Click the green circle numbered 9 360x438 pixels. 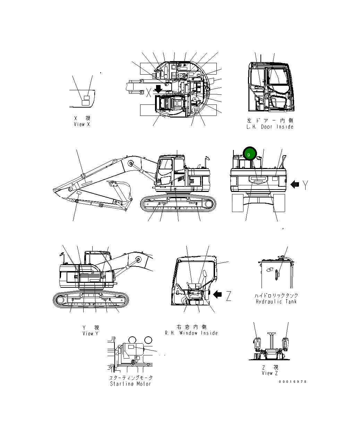point(249,154)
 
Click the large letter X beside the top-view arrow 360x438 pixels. point(149,92)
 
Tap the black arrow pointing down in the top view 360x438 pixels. point(158,89)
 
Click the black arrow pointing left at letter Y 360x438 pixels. point(294,184)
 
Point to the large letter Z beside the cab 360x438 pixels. point(228,296)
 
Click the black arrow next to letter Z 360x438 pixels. point(217,294)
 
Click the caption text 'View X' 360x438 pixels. point(82,124)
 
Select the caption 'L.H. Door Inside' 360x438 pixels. point(270,127)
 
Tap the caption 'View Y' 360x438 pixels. point(90,334)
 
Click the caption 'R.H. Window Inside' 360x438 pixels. point(191,333)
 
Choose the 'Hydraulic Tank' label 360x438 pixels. point(276,302)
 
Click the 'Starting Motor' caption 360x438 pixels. point(131,384)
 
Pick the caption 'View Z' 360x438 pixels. point(270,373)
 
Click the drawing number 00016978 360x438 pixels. point(293,382)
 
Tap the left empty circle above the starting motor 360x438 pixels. point(132,340)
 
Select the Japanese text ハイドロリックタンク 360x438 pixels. point(276,295)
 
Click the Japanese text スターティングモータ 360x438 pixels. point(131,378)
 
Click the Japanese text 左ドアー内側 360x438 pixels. point(270,120)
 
